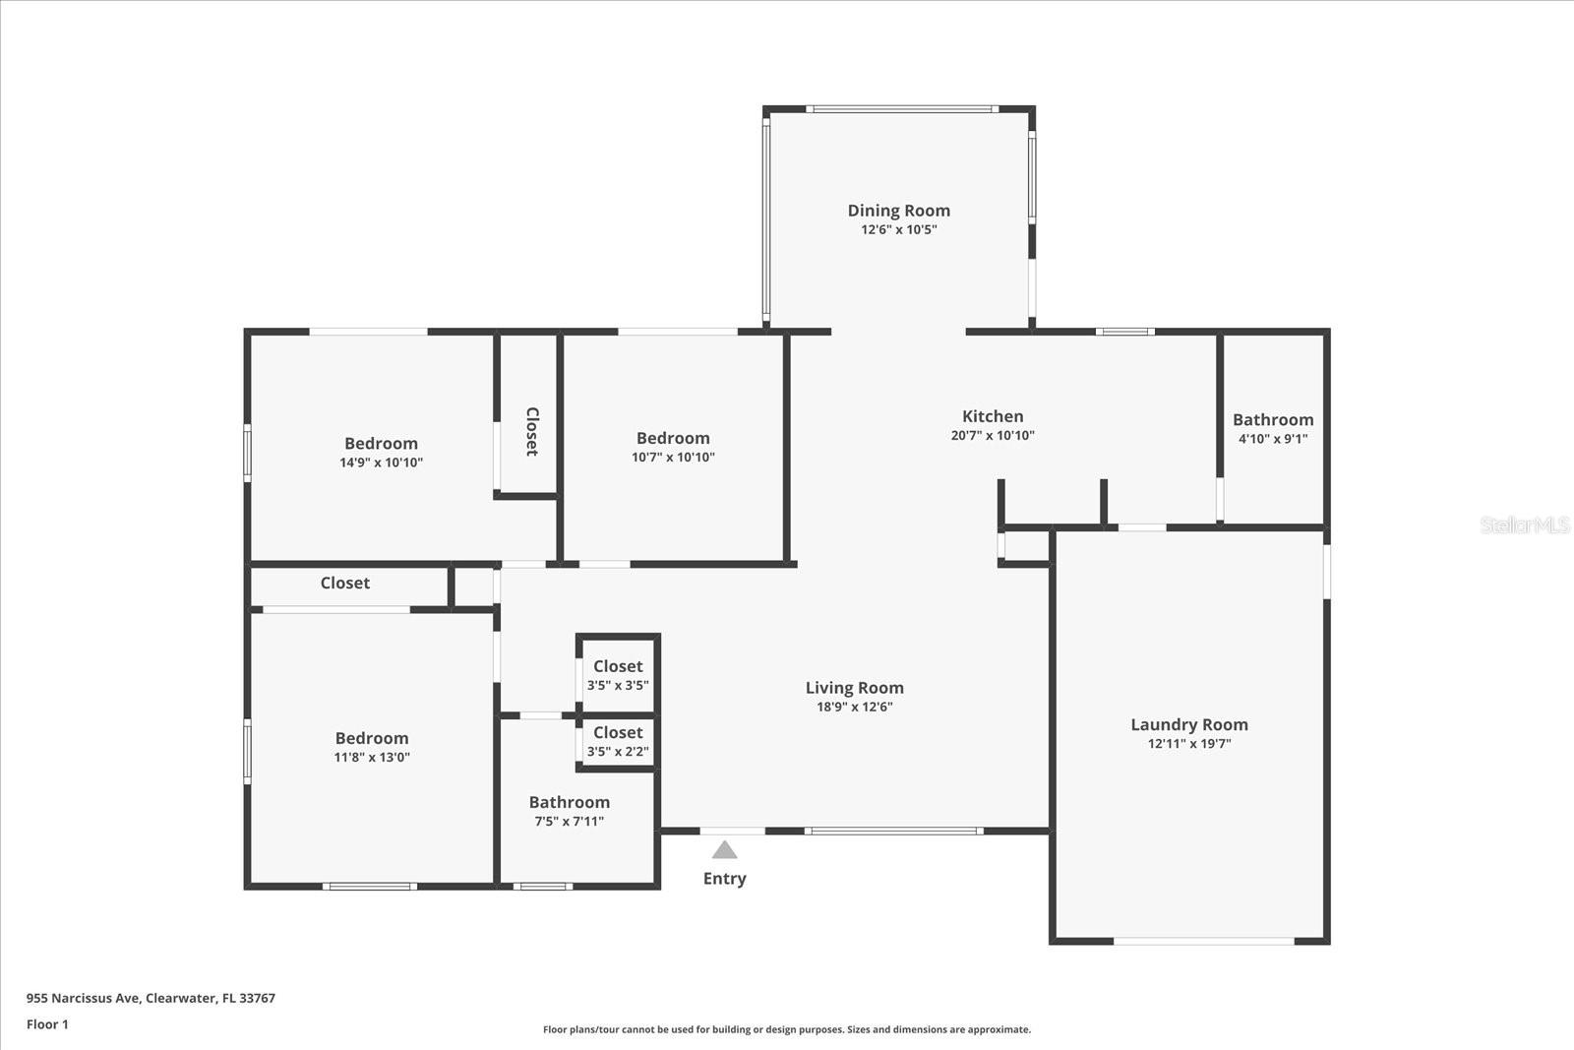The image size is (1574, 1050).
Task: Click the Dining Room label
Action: click(898, 210)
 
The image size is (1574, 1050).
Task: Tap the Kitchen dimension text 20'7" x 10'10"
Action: click(993, 435)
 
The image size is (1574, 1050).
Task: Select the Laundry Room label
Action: click(1188, 724)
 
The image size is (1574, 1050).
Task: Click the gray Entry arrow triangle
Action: click(725, 850)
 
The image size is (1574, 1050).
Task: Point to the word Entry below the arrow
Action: click(724, 879)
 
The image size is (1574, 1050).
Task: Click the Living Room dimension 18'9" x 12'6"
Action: click(854, 707)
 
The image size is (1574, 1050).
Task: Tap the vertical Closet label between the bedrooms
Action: click(531, 431)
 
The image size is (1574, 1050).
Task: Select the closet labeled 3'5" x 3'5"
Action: click(618, 675)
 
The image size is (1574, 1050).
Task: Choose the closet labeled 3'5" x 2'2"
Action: click(618, 741)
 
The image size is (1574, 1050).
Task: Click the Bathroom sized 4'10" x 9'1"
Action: click(1273, 428)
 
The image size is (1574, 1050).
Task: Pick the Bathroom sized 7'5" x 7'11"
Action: click(569, 811)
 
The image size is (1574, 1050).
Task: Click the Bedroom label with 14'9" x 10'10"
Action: click(381, 444)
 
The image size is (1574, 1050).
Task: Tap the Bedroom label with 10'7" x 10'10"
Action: click(673, 438)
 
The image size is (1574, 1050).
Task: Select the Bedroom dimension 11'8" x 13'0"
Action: click(372, 757)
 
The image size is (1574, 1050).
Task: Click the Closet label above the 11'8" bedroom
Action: click(345, 583)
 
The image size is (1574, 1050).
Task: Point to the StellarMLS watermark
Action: click(1525, 525)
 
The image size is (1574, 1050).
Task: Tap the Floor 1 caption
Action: click(47, 1024)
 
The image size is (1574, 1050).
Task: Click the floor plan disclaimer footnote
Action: click(787, 1029)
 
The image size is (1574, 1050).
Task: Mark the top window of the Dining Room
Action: click(902, 109)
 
